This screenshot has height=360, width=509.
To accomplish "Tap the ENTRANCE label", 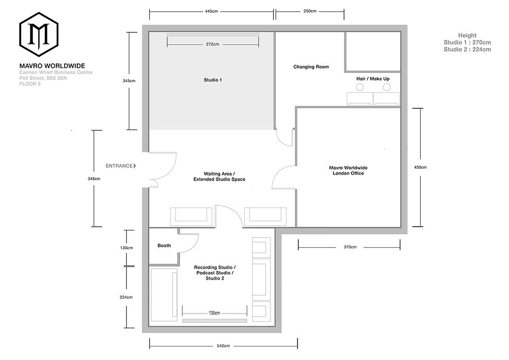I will (119, 166).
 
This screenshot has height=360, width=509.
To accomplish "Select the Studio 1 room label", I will (212, 80).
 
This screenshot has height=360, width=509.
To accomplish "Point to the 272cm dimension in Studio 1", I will (212, 45).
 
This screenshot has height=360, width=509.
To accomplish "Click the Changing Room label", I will (311, 67).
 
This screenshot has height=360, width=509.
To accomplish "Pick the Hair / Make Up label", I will (373, 78).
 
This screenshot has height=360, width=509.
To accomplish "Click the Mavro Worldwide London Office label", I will (348, 170).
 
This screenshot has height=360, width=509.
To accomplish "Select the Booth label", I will (164, 246).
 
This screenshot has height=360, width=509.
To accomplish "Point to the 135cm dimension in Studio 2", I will (214, 313).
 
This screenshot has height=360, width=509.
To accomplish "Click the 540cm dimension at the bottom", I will (223, 346).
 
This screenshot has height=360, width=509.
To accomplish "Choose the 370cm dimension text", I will (350, 247).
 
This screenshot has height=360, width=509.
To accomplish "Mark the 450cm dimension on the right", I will (420, 167).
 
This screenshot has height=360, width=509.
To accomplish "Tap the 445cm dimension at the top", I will (211, 10).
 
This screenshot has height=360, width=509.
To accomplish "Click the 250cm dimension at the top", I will (310, 10).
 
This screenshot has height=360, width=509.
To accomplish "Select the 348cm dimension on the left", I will (94, 179).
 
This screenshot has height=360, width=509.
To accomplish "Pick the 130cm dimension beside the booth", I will (126, 248).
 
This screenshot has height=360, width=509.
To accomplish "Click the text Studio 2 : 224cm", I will (467, 50).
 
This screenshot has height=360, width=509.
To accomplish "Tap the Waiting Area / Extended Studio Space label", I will (219, 177).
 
